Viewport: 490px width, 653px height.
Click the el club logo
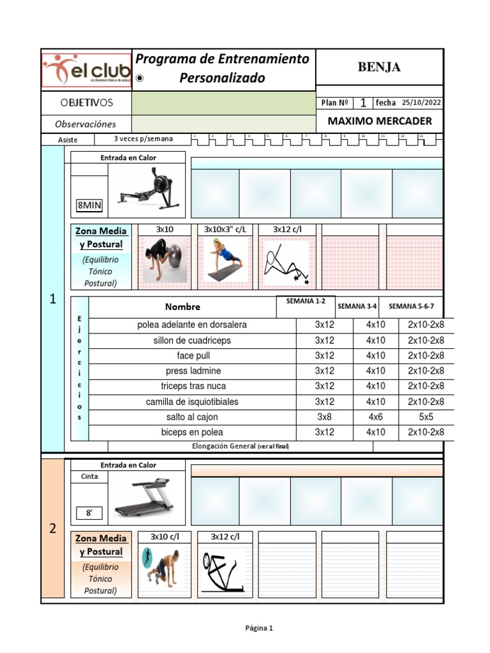tap(86, 70)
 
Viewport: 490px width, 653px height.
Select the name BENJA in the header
tap(379, 68)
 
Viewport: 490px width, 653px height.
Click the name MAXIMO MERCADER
tap(379, 121)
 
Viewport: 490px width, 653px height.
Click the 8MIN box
tap(89, 205)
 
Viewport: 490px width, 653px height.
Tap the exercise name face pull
tap(193, 356)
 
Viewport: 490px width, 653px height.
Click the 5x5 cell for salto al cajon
tap(426, 417)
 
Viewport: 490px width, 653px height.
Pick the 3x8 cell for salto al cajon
tap(324, 417)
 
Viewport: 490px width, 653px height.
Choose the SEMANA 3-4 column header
tap(357, 306)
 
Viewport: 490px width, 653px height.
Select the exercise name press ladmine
tap(193, 371)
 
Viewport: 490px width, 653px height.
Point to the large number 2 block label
tap(53, 529)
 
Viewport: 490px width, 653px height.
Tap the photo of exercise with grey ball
tap(165, 260)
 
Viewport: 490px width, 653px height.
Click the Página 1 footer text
tap(259, 628)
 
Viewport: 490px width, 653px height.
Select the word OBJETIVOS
tap(86, 103)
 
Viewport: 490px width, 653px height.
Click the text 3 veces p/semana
tap(143, 139)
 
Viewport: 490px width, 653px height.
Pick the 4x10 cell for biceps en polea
tap(376, 432)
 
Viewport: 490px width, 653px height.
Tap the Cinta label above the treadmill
tap(89, 476)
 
